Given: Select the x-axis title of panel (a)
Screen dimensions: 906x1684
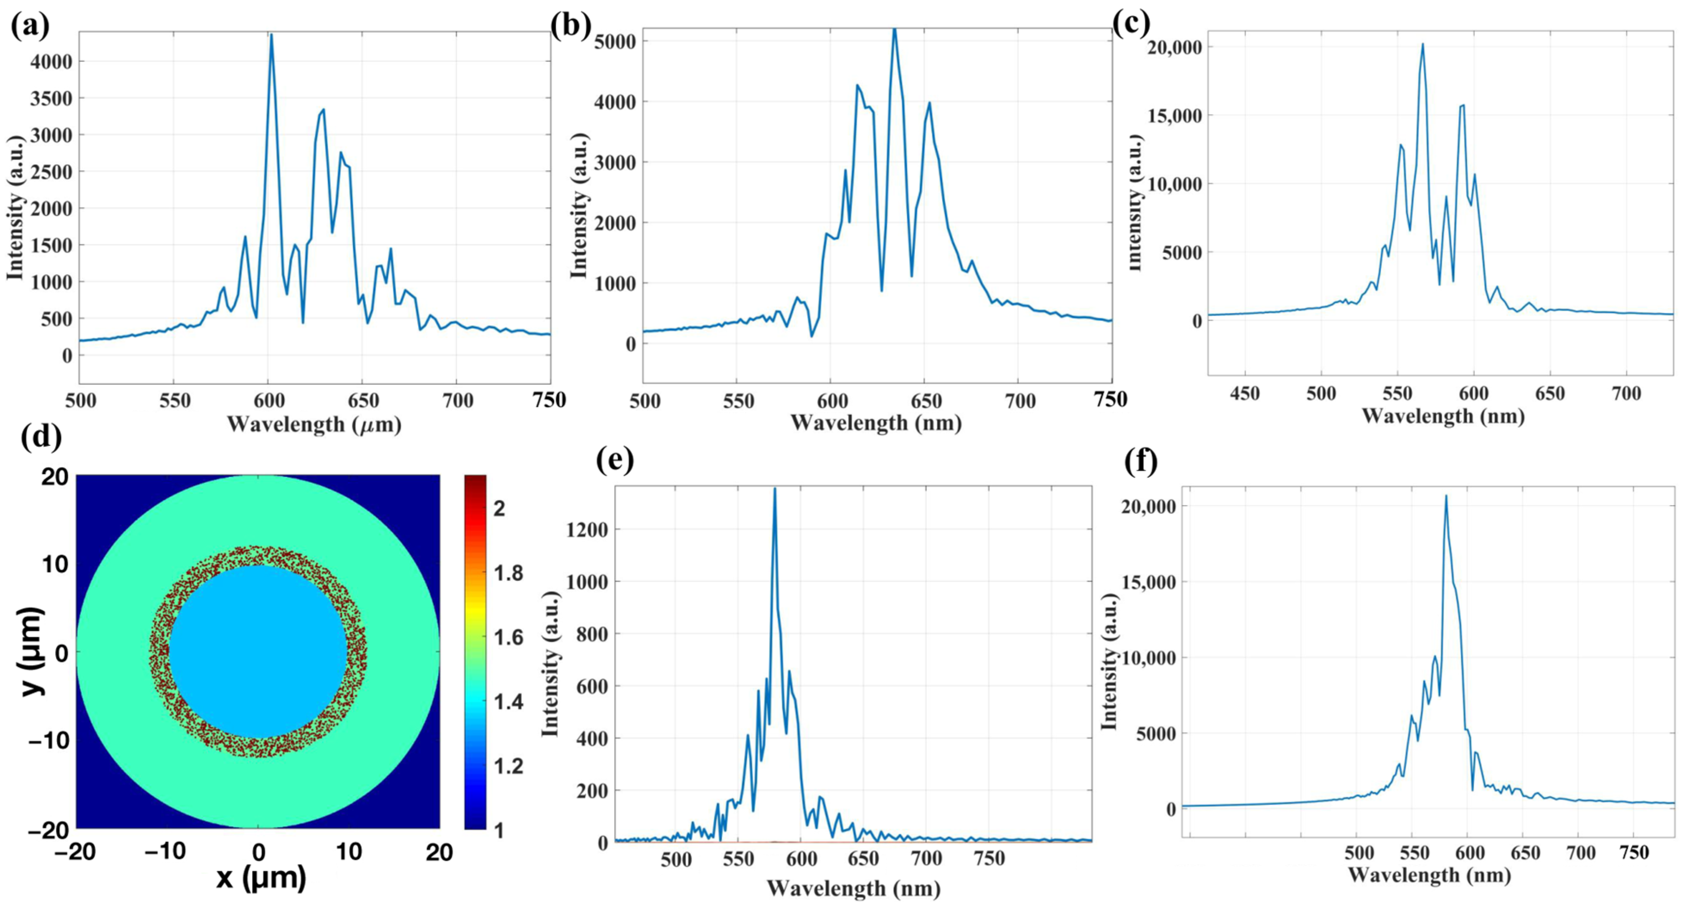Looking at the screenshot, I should click(x=314, y=425).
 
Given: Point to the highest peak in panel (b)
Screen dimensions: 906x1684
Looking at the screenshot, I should click(x=894, y=29).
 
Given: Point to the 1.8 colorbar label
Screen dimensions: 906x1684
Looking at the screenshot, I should click(x=507, y=573).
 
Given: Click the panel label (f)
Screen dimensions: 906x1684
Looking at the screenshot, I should click(x=1141, y=461).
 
